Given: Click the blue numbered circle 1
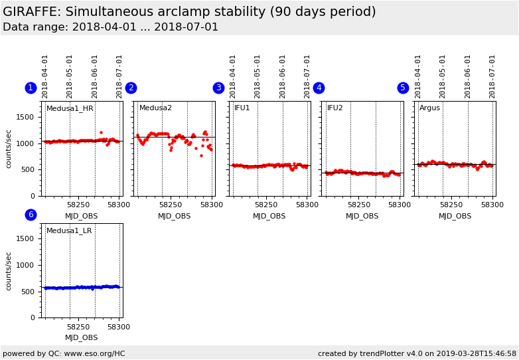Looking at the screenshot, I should pyautogui.click(x=31, y=88).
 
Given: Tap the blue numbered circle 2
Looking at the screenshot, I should pyautogui.click(x=131, y=88).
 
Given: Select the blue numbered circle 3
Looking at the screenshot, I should pyautogui.click(x=218, y=88).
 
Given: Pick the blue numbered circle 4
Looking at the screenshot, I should pyautogui.click(x=319, y=88).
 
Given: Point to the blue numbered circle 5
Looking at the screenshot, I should pyautogui.click(x=403, y=88).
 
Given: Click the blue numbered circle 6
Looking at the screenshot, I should pyautogui.click(x=31, y=215).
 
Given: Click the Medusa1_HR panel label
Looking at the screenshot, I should pyautogui.click(x=70, y=108).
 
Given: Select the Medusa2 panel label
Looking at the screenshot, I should pyautogui.click(x=155, y=108).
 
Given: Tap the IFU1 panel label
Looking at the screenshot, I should pyautogui.click(x=242, y=108).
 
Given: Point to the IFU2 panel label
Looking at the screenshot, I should pyautogui.click(x=335, y=108).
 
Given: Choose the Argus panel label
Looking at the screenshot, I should pyautogui.click(x=429, y=108).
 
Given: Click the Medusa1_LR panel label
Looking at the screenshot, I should pyautogui.click(x=69, y=230).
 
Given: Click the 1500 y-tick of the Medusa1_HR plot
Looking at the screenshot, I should pyautogui.click(x=25, y=117).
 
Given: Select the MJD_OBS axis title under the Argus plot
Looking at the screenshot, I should pyautogui.click(x=455, y=216).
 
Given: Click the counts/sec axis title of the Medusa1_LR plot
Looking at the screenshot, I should pyautogui.click(x=9, y=271).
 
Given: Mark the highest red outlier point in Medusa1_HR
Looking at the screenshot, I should pyautogui.click(x=101, y=132).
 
